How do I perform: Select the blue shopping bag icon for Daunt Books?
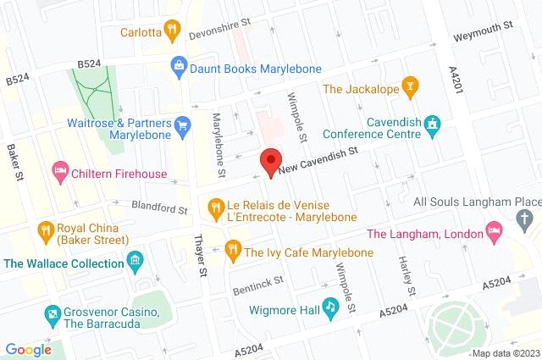click(x=179, y=64)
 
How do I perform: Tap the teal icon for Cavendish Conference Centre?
click(x=433, y=125)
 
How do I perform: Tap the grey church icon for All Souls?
click(x=524, y=220)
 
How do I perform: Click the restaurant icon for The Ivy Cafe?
click(x=230, y=252)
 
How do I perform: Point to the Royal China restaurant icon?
click(x=45, y=228)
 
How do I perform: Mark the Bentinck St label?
click(x=258, y=285)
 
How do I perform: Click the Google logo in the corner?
click(x=29, y=350)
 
